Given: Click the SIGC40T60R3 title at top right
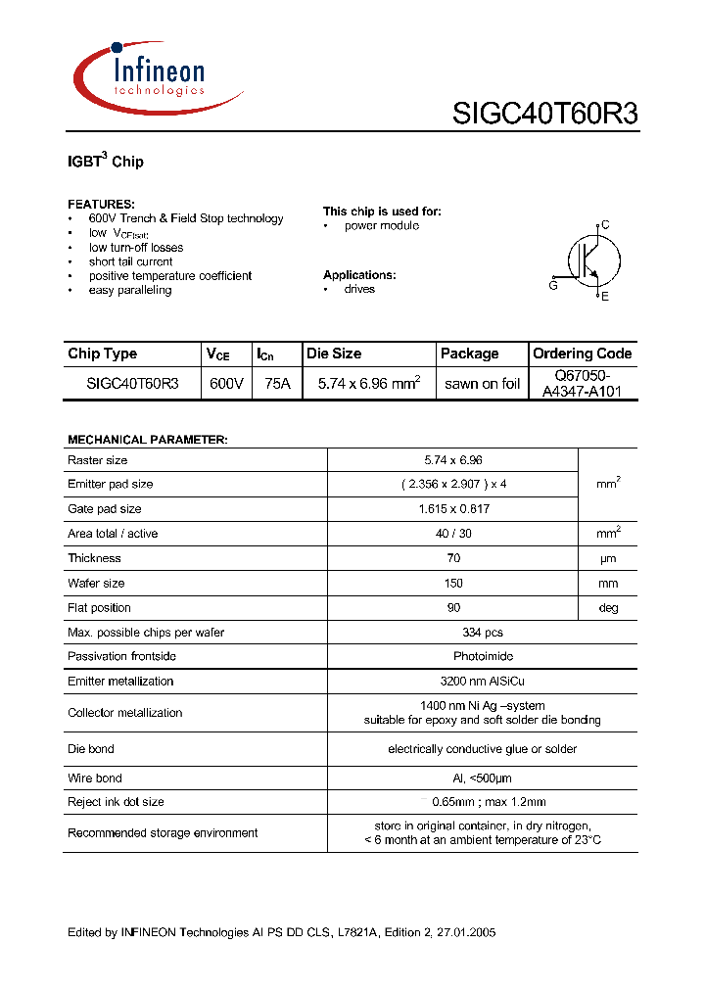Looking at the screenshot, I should coord(544,115).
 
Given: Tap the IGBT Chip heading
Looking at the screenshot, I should coord(106,161).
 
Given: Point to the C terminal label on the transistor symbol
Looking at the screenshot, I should coord(605,225).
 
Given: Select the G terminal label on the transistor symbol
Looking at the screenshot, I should coord(553,285).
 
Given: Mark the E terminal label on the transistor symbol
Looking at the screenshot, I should coord(605,297).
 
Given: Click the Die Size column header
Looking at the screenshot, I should coord(334,354).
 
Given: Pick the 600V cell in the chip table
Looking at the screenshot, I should coord(226,384).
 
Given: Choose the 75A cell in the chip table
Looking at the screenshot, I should coord(277,384).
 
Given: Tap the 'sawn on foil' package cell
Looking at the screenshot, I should coord(482,384).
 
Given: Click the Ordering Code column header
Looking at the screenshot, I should coord(583,354).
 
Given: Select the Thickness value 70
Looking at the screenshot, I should coord(453,558).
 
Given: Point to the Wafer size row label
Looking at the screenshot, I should coord(96,584).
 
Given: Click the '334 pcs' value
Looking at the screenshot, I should coord(453,633).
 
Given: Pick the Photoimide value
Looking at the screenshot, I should coord(453,657).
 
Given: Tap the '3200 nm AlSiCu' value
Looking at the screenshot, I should coord(453,682).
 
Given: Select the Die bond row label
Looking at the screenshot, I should coord(91,749).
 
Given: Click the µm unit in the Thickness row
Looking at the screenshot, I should coord(608,558).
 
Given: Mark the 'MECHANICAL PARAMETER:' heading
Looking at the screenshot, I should coord(148,440).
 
